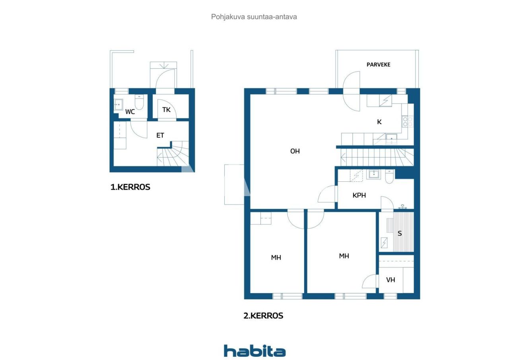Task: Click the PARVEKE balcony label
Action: click(x=378, y=64)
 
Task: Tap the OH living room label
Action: click(x=295, y=151)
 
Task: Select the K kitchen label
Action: click(x=379, y=122)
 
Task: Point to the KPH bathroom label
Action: click(x=359, y=195)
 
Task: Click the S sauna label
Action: click(x=400, y=234)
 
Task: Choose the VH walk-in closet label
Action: click(x=391, y=280)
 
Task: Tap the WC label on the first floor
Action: click(x=130, y=112)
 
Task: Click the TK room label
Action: click(x=166, y=109)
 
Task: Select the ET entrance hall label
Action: click(x=160, y=136)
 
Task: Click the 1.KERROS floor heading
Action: click(x=130, y=187)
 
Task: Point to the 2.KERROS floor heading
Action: click(x=263, y=316)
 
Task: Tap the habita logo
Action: click(x=254, y=351)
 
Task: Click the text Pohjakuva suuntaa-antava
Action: click(x=254, y=17)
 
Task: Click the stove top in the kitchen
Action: click(x=408, y=121)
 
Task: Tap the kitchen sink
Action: click(x=391, y=139)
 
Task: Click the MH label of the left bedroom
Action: click(x=276, y=258)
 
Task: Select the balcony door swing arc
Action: click(x=352, y=91)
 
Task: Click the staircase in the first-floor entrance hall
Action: click(x=171, y=156)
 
